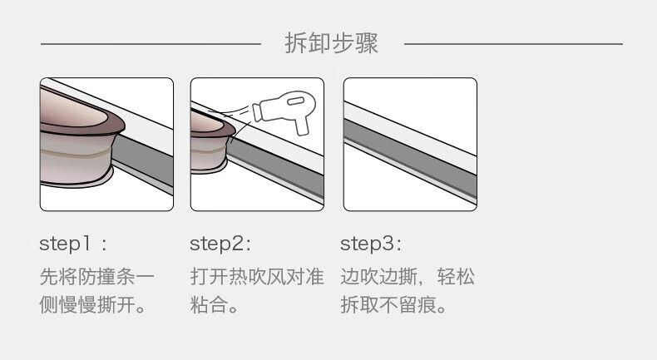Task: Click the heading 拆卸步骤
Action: pyautogui.click(x=332, y=43)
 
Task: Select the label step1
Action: pyautogui.click(x=65, y=244)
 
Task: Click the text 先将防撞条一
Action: pyautogui.click(x=97, y=277)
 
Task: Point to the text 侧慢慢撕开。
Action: pyautogui.click(x=92, y=304)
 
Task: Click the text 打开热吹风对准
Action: pyautogui.click(x=257, y=277)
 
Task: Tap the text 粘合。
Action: pyautogui.click(x=214, y=304)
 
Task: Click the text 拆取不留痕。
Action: pyautogui.click(x=393, y=304)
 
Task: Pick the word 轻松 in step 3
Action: pyautogui.click(x=456, y=277)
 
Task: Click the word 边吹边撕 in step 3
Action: pyautogui.click(x=378, y=277)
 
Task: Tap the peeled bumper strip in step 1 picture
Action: pyautogui.click(x=77, y=138)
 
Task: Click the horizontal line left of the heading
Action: pyautogui.click(x=151, y=43)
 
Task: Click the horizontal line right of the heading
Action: pyautogui.click(x=513, y=43)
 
